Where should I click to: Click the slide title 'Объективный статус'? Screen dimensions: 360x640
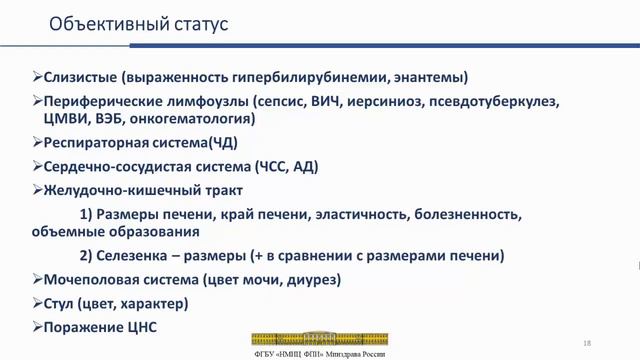pyautogui.click(x=139, y=23)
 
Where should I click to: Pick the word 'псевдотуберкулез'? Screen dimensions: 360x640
pyautogui.click(x=501, y=101)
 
